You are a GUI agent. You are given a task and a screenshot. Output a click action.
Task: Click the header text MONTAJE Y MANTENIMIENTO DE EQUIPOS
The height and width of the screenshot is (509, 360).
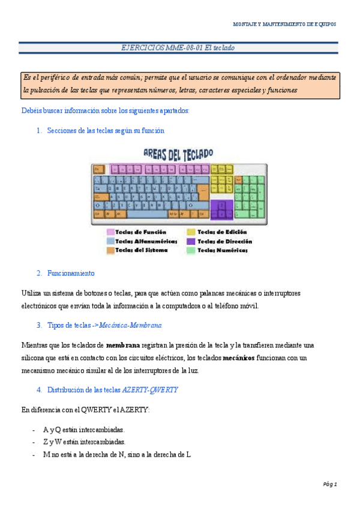(284, 24)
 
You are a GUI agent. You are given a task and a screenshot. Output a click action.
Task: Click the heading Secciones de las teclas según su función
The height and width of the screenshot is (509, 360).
(106, 130)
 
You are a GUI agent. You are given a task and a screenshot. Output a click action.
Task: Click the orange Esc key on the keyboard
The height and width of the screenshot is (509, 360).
(98, 170)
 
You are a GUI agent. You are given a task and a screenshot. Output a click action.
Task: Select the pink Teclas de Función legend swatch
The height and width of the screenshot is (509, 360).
(110, 232)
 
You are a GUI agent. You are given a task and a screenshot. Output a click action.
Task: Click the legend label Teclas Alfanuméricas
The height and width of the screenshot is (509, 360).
(146, 241)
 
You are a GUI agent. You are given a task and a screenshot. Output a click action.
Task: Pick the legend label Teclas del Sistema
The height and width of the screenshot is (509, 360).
(141, 250)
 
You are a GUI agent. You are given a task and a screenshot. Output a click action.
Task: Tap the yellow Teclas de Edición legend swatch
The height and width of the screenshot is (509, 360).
(191, 232)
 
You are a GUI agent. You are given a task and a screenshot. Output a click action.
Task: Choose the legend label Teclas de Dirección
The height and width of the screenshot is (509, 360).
(224, 241)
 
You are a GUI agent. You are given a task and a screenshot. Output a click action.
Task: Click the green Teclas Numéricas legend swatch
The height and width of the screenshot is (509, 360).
(191, 250)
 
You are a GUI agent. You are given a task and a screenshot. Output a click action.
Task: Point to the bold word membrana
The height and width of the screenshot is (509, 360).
(123, 345)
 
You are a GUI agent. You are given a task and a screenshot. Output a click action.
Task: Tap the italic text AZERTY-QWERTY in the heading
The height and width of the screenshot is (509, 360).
(150, 390)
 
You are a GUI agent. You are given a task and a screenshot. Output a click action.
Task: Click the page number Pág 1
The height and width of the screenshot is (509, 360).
(330, 484)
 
